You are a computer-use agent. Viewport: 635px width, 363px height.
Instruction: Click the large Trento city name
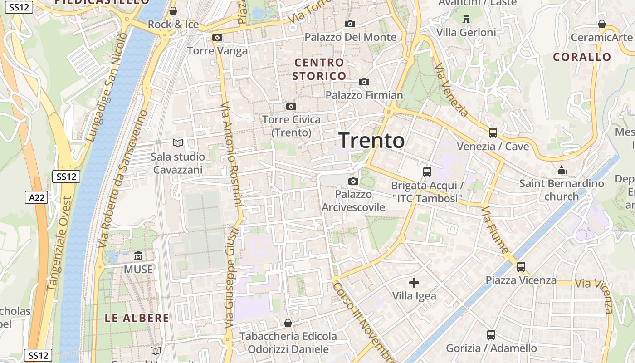371,140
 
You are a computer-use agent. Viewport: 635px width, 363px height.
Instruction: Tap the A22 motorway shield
36,197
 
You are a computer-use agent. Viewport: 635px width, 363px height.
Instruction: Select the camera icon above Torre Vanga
217,37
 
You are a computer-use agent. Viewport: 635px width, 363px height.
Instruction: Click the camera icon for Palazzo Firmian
364,82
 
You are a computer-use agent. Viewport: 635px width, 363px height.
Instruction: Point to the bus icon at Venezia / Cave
493,133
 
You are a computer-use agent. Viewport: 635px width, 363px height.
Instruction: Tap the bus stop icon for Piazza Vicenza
521,266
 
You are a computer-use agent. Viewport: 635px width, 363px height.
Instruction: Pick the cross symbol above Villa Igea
414,283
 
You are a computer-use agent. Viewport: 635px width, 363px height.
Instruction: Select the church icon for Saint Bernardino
562,170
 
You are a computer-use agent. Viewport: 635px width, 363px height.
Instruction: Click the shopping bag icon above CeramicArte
601,24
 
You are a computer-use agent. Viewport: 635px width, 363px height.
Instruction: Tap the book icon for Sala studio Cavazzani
178,143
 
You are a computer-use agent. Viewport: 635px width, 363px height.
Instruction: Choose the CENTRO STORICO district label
319,69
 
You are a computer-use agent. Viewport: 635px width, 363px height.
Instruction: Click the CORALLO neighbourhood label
582,57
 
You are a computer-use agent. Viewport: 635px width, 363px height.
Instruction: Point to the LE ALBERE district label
137,318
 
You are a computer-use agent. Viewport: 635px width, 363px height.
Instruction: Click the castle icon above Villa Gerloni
466,19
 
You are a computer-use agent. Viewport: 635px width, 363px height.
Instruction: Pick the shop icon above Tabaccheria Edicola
288,323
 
